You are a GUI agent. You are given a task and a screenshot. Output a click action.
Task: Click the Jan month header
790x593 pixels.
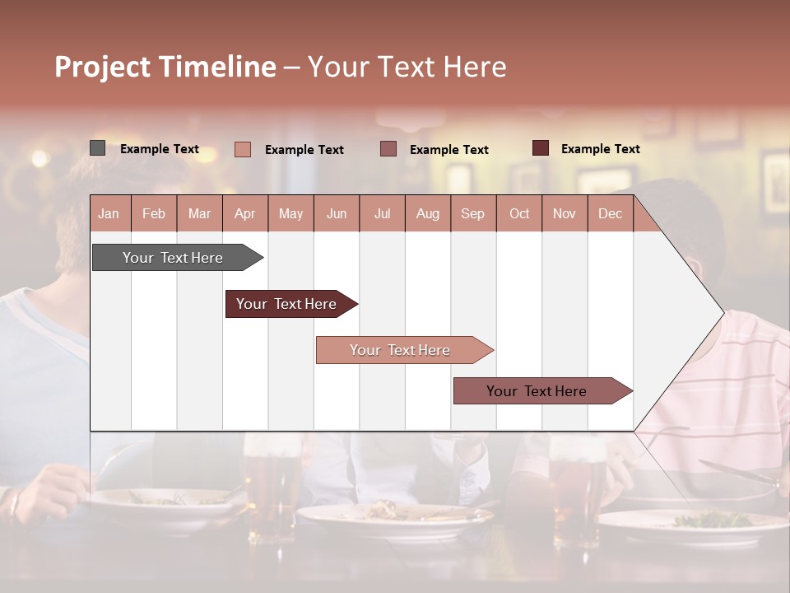click(109, 213)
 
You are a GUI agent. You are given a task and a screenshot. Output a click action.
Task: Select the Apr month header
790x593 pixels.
click(244, 213)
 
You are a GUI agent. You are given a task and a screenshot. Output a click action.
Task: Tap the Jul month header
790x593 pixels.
click(382, 213)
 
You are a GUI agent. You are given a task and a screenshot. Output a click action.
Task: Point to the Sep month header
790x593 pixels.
click(472, 213)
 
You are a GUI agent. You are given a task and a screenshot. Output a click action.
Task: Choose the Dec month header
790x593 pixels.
click(610, 213)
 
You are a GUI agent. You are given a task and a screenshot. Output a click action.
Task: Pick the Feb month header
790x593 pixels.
click(154, 213)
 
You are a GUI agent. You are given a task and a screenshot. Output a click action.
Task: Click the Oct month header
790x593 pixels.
click(519, 213)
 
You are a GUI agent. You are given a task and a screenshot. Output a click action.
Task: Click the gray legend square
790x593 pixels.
click(98, 148)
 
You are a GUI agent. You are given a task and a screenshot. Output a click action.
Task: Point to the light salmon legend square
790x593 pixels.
click(243, 149)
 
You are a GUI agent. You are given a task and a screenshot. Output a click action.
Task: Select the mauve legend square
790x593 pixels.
click(388, 149)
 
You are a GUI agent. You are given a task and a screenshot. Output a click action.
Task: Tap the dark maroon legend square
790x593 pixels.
click(541, 148)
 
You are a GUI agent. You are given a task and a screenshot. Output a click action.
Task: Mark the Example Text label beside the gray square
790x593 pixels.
click(160, 149)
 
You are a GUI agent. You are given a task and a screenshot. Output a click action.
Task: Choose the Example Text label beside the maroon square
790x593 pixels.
click(601, 149)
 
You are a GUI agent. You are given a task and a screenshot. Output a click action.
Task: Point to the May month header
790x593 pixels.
click(290, 213)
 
